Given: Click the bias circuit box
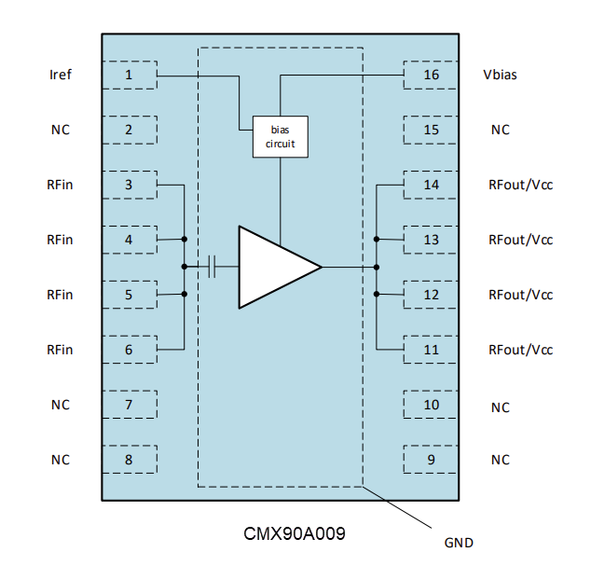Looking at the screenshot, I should [x=280, y=137].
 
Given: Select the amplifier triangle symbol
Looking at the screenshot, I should [x=274, y=267].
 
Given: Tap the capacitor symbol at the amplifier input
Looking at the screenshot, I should [x=213, y=267].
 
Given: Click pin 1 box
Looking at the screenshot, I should [x=129, y=75].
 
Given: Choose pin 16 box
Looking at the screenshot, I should [x=431, y=75].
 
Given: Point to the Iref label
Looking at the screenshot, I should [x=60, y=75].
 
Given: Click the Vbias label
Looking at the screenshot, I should [x=500, y=75].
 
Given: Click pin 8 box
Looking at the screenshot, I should [x=129, y=460].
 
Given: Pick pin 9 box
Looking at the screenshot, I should [x=431, y=460].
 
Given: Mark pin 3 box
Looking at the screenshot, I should [x=129, y=185].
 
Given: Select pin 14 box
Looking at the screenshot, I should [x=431, y=185].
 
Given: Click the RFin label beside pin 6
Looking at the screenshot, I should [x=60, y=350].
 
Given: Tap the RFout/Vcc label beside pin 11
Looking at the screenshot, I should [x=520, y=350].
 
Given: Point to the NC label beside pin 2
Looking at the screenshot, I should [x=60, y=130].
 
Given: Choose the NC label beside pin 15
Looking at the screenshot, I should [x=500, y=130].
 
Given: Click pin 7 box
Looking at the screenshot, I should [x=129, y=405].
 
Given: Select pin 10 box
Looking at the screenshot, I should [x=431, y=405].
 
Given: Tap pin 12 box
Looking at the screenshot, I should [x=431, y=295].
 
